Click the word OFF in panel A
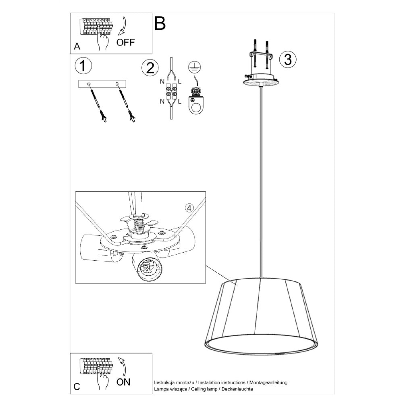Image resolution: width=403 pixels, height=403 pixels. (x=125, y=42)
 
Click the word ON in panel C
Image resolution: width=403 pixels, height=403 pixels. (x=123, y=382)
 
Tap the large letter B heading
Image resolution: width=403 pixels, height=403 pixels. (x=160, y=23)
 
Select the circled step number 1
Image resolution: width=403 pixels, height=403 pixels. (x=83, y=66)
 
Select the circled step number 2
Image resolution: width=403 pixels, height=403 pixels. (x=150, y=68)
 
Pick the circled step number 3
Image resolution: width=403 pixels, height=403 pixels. (x=288, y=59)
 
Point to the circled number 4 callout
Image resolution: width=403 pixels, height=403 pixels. (x=189, y=208)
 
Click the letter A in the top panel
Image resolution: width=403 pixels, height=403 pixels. (x=77, y=46)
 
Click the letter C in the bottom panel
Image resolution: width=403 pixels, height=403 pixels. (x=77, y=386)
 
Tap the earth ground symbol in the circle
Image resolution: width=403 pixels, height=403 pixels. (x=194, y=67)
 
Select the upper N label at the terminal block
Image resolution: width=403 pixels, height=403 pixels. (x=162, y=82)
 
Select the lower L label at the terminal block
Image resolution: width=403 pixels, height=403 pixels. (x=179, y=102)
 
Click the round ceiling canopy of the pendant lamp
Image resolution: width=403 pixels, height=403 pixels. (x=261, y=80)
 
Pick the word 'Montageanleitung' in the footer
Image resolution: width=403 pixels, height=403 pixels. (x=268, y=382)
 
